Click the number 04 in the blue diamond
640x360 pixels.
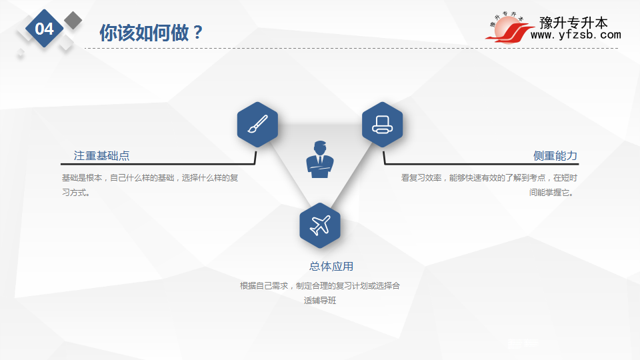point(44,29)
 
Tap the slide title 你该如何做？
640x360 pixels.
point(151,33)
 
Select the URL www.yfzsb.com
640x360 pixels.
point(575,35)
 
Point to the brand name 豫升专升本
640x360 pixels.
point(573,23)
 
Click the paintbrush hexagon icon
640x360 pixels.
point(257,124)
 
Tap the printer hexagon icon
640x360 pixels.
point(383,124)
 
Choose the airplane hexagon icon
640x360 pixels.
point(320,225)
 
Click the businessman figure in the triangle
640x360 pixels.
point(320,159)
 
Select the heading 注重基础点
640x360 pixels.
point(101,155)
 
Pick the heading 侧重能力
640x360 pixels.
point(555,155)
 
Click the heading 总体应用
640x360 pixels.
point(331,267)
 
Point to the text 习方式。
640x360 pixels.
point(76,193)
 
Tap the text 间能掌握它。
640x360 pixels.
point(553,193)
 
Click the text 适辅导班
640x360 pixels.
point(320,301)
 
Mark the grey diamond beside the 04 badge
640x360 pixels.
point(73,20)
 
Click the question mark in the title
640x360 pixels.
point(198,33)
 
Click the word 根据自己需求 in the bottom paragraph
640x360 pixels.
point(264,286)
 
